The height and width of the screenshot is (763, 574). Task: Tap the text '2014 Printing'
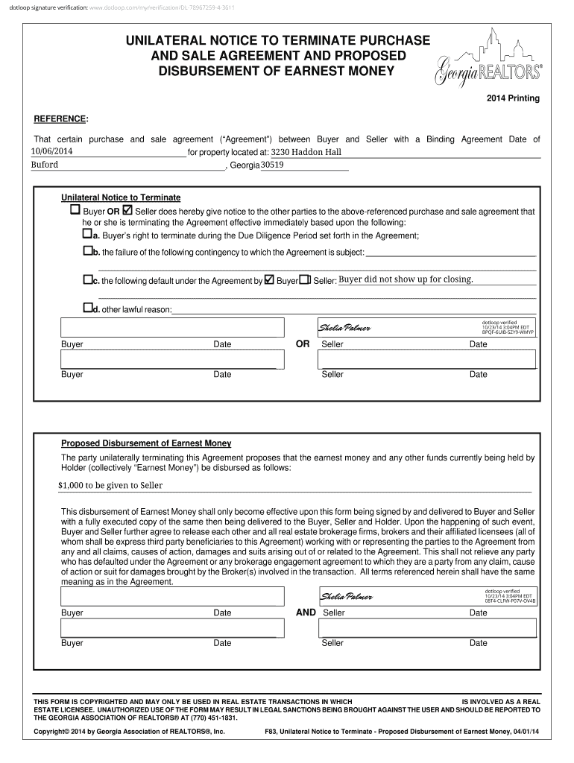click(514, 98)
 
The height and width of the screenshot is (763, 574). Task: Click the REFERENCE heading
click(61, 119)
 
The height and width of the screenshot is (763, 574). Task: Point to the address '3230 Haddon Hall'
click(306, 152)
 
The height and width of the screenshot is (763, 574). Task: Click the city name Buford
click(44, 165)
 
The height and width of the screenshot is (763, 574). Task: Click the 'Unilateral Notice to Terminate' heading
click(121, 197)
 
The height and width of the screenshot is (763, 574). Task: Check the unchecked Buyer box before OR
click(75, 210)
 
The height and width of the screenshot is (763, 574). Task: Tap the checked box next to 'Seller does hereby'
click(127, 210)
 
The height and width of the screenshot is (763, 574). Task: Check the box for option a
click(86, 235)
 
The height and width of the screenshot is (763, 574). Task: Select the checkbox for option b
click(87, 251)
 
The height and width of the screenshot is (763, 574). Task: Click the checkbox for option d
click(87, 308)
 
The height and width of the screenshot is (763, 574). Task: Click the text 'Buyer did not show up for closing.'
click(406, 279)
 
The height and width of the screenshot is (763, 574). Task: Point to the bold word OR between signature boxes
click(303, 344)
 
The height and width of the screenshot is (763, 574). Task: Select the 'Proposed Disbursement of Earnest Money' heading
click(146, 443)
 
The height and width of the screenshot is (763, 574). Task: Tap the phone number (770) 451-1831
click(217, 718)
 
